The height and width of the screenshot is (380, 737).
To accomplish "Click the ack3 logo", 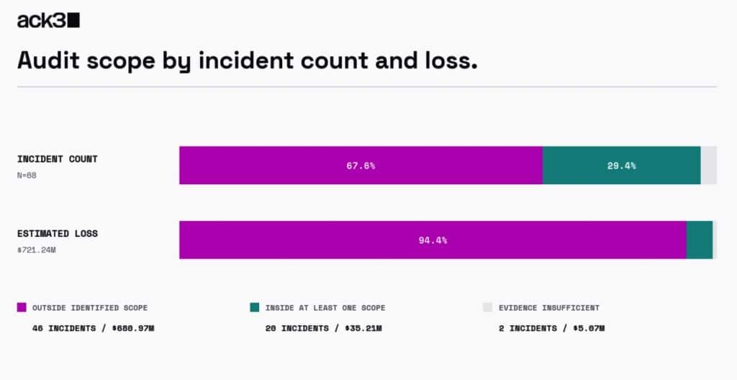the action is pos(48,20).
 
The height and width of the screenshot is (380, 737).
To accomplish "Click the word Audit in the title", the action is pos(48,60).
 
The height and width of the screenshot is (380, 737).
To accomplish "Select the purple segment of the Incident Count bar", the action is pos(361,165).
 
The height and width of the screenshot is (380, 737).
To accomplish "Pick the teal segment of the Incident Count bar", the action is pos(621,165).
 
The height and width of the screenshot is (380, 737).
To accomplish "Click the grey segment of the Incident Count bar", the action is pos(709,165).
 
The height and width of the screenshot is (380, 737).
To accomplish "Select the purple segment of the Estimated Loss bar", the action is pos(433,240).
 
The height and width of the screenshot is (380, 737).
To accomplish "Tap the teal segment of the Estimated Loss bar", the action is pos(700,240).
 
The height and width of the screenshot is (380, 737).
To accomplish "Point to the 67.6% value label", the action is pos(361,166).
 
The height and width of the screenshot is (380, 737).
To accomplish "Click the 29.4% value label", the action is pos(621,166).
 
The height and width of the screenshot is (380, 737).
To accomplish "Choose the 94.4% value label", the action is pos(433,240).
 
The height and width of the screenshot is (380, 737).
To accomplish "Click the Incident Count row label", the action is pos(58,159).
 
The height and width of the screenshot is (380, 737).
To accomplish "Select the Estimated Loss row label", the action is pos(58,233).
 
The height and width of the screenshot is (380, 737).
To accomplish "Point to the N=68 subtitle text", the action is pos(27,176).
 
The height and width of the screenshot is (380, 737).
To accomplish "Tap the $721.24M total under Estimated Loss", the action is pos(37,250).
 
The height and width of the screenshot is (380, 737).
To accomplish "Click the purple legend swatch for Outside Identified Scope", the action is pos(22,307).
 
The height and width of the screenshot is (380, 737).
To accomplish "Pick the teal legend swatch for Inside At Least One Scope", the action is pos(255,307).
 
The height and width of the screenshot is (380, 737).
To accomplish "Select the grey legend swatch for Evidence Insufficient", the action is pos(487,307).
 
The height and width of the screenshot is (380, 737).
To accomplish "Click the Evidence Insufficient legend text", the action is pos(549,307).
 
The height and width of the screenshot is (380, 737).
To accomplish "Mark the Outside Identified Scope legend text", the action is pos(90,307).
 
